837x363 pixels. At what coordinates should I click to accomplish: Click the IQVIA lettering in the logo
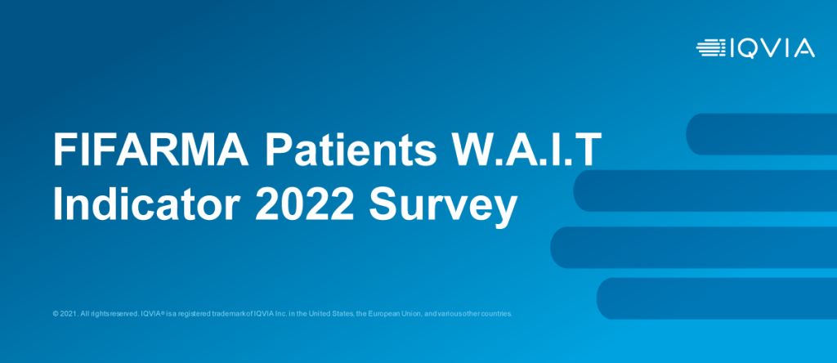tap(772, 48)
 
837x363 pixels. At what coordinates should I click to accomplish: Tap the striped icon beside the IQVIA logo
tap(711, 48)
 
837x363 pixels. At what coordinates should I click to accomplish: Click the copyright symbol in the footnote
tap(55, 314)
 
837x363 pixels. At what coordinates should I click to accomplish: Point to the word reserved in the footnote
tap(124, 314)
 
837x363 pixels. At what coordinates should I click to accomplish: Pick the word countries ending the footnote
tap(498, 314)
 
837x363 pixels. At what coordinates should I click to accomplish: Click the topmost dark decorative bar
tap(761, 134)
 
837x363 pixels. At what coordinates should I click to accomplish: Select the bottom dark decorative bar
tap(716, 298)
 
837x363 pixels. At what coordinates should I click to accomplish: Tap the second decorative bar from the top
tap(705, 190)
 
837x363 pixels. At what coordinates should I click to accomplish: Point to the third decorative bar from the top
tap(693, 247)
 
